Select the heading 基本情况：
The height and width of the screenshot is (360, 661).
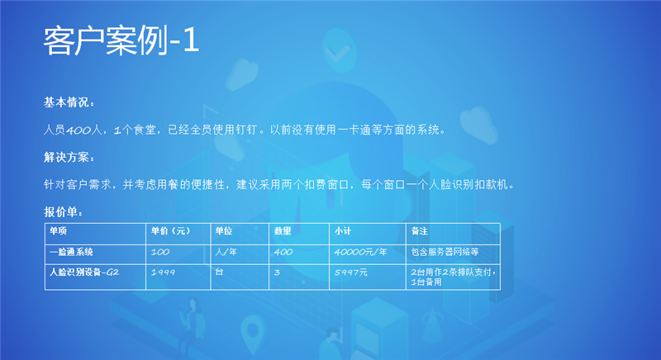(69, 102)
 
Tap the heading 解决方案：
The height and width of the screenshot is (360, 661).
(69, 157)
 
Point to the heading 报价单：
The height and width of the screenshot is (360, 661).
(64, 211)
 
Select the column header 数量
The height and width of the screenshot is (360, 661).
(283, 231)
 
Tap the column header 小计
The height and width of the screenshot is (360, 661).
(343, 231)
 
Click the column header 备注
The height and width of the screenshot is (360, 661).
(419, 231)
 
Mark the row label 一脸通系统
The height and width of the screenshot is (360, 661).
(73, 252)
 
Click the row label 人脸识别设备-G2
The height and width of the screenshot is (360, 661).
(84, 272)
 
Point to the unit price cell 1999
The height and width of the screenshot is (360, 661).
(163, 272)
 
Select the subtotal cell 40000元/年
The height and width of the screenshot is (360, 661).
(361, 252)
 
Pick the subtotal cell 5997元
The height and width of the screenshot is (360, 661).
(351, 272)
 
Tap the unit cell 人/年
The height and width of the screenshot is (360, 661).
(226, 252)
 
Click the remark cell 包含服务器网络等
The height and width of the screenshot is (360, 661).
(444, 252)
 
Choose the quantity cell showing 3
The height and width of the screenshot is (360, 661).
(277, 272)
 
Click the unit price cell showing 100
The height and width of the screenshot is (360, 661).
(160, 252)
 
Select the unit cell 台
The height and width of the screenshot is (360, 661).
(218, 270)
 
